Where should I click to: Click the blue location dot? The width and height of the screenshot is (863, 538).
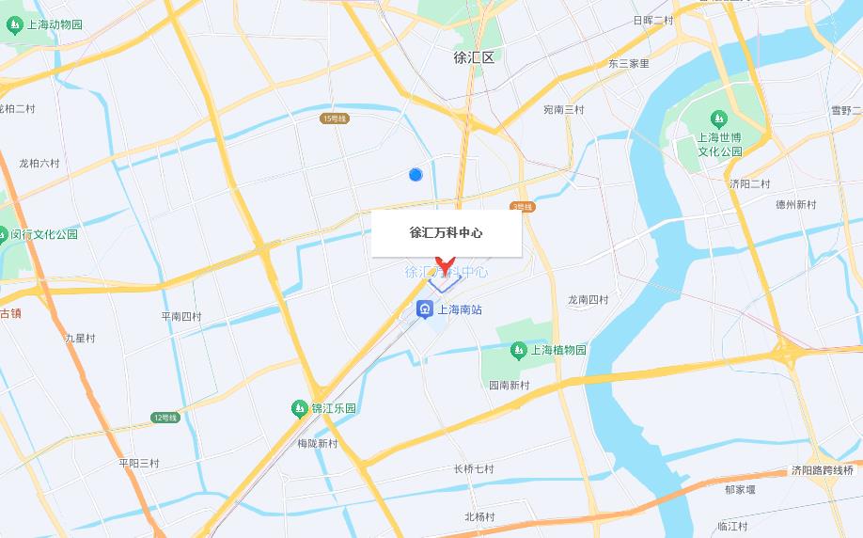[x=416, y=174]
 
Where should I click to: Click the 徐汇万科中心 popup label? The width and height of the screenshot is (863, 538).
[x=447, y=232]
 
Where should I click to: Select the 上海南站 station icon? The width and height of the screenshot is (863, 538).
[x=425, y=309]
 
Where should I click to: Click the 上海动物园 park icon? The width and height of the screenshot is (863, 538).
[x=13, y=25]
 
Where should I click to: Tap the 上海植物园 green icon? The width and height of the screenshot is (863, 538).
[x=518, y=350]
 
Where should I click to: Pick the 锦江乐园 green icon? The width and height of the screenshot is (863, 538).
[x=298, y=408]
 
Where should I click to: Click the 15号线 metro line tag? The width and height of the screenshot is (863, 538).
[x=335, y=119]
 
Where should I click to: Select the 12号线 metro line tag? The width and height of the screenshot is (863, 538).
[x=165, y=417]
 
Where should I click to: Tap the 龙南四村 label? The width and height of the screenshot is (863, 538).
[x=588, y=300]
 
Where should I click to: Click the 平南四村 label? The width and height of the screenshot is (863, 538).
[x=181, y=316]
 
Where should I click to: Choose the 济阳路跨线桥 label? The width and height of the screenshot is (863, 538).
[x=822, y=470]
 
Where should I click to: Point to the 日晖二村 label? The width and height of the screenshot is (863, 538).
[x=652, y=20]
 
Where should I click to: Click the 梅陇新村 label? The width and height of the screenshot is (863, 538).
[x=317, y=443]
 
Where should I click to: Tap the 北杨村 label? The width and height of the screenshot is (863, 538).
[x=479, y=516]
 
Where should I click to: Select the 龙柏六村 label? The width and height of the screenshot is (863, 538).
[x=39, y=163]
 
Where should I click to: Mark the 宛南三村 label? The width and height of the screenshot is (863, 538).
[x=563, y=110]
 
